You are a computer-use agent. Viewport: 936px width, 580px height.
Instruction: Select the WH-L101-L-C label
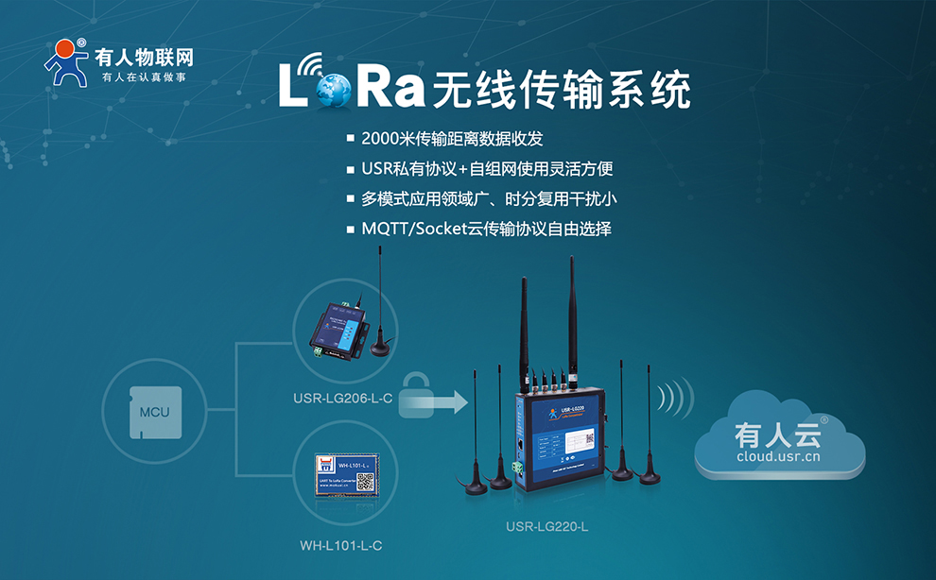(341, 545)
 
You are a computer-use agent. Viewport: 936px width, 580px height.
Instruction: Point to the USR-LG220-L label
(547, 526)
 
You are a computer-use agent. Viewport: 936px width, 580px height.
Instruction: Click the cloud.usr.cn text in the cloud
(778, 457)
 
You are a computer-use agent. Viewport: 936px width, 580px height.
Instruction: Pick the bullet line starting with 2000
(452, 139)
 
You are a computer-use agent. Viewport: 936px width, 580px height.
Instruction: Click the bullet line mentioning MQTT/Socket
(486, 229)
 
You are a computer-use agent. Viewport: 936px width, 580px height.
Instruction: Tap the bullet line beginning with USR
(487, 169)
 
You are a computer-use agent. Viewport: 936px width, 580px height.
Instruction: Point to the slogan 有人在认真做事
(143, 77)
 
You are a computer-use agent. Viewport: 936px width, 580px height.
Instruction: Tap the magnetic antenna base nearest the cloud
(650, 476)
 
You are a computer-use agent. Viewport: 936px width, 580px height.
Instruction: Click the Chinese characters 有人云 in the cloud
(778, 435)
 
